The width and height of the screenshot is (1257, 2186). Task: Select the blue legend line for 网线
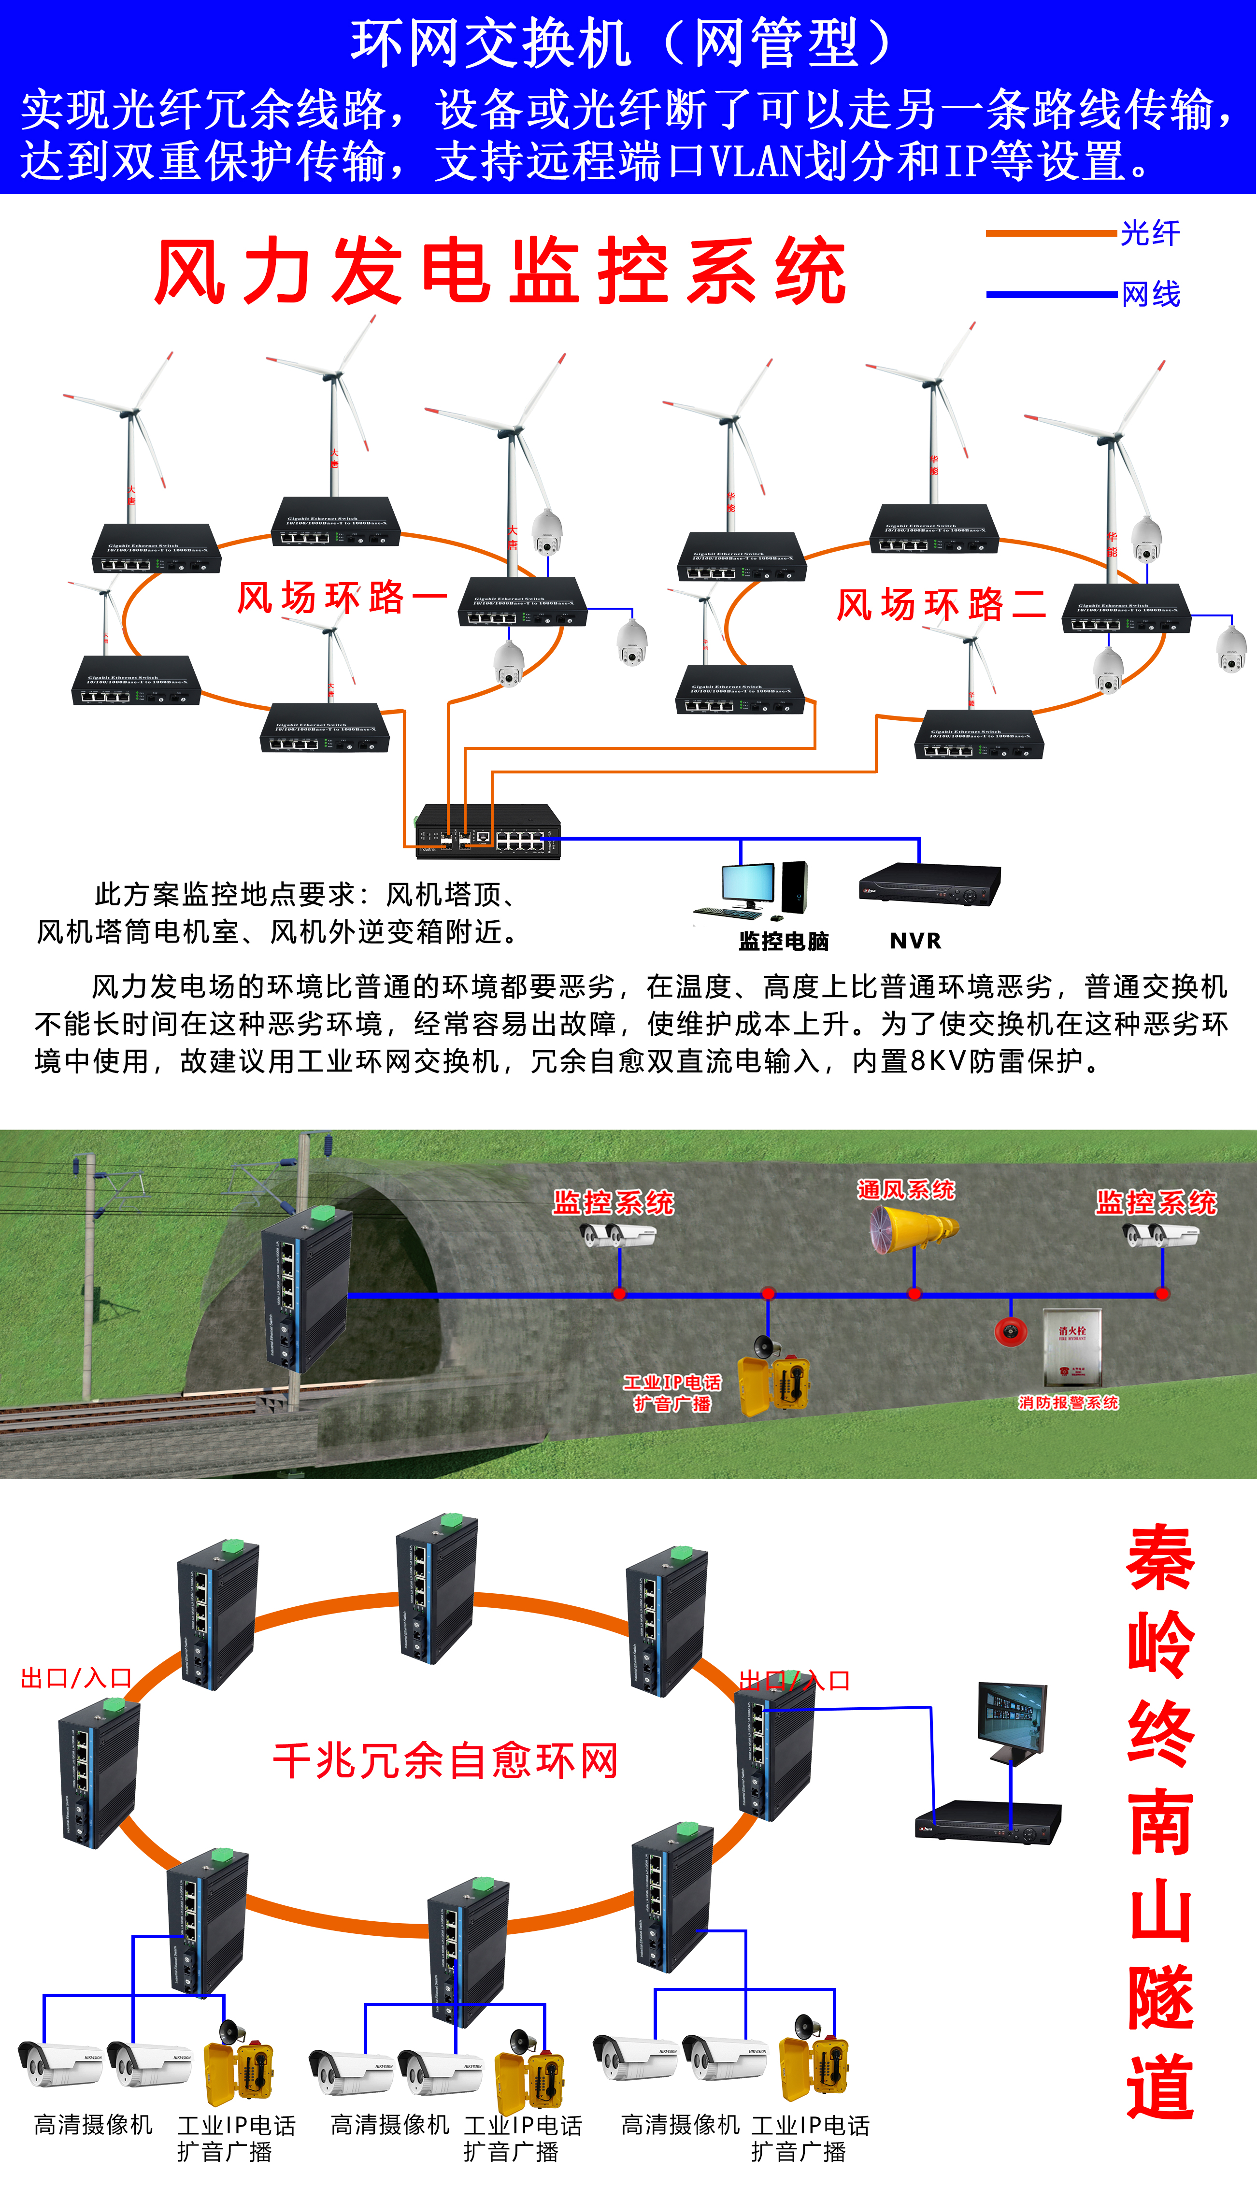[x=1051, y=294]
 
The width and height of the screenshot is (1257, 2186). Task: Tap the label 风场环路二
[x=941, y=604]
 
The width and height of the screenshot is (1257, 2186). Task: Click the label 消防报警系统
[x=1068, y=1403]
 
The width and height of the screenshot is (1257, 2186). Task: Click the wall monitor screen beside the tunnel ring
[x=1012, y=1718]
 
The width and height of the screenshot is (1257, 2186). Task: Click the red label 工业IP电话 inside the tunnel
[x=671, y=1382]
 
